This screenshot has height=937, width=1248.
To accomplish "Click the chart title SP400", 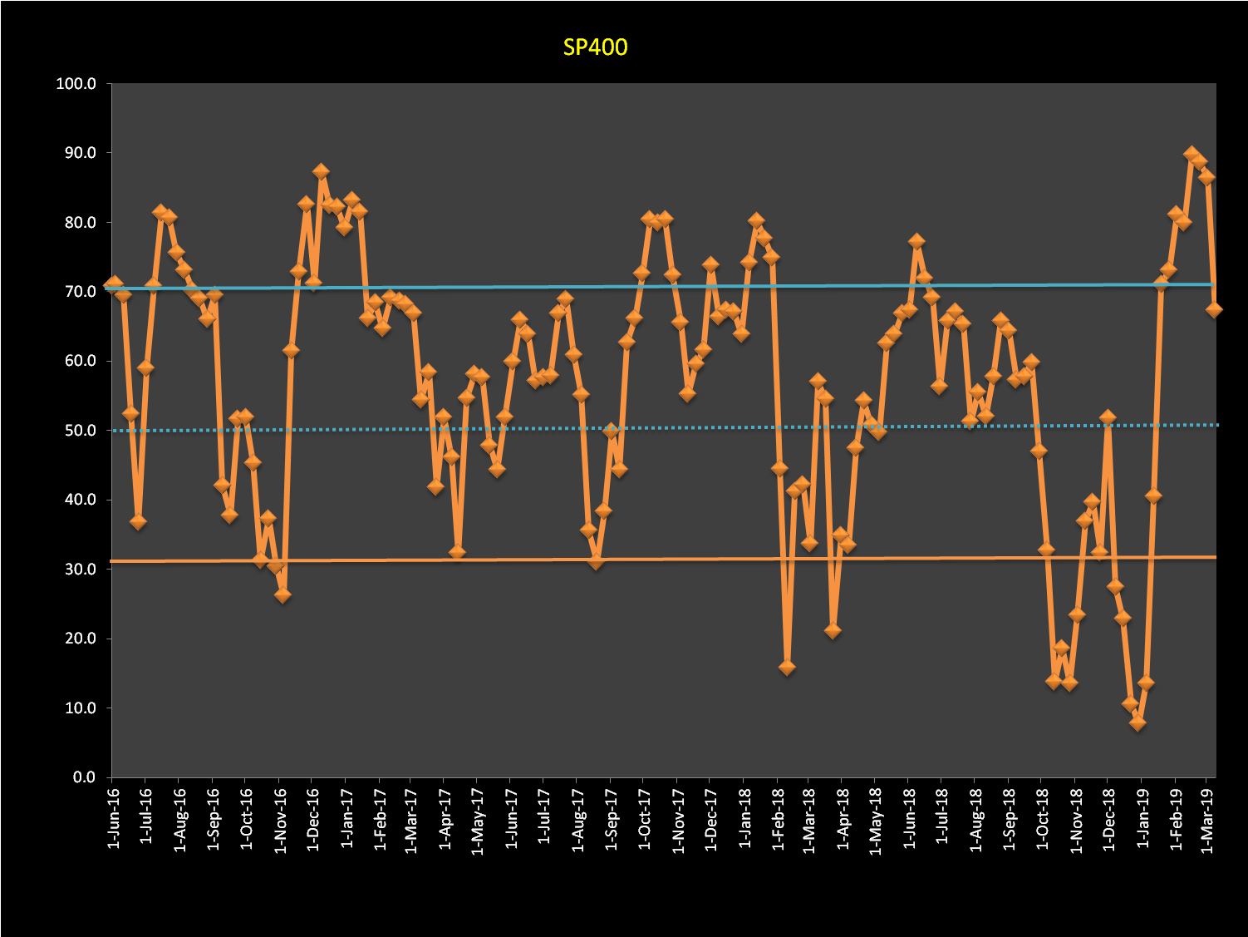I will pyautogui.click(x=595, y=47).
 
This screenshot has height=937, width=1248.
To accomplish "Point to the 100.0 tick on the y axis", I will pyautogui.click(x=76, y=84).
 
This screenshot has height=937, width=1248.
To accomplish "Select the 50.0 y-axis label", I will pyautogui.click(x=79, y=431).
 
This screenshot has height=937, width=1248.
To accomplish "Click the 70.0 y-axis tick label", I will pyautogui.click(x=79, y=292).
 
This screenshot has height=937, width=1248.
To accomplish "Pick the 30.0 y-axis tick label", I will pyautogui.click(x=79, y=570).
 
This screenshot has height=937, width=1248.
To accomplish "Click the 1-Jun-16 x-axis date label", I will pyautogui.click(x=113, y=819).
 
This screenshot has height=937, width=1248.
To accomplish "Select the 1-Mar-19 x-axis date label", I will pyautogui.click(x=1206, y=819).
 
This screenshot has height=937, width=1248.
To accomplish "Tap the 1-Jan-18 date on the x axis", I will pyautogui.click(x=744, y=819).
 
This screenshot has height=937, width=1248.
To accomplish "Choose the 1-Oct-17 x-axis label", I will pyautogui.click(x=644, y=819).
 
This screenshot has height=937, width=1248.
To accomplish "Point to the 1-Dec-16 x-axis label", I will pyautogui.click(x=312, y=819).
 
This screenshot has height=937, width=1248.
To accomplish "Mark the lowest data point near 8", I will pyautogui.click(x=1137, y=722).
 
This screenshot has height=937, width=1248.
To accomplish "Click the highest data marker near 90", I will pyautogui.click(x=1191, y=154).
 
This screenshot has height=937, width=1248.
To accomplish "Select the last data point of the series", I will pyautogui.click(x=1214, y=309).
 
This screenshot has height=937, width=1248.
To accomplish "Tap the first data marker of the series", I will pyautogui.click(x=115, y=285).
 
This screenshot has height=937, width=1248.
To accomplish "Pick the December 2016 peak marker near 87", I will pyautogui.click(x=321, y=172).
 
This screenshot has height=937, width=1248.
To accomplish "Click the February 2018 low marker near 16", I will pyautogui.click(x=787, y=667).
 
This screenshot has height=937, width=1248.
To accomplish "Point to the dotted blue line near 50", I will pyautogui.click(x=665, y=427).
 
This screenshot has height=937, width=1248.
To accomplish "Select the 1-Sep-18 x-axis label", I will pyautogui.click(x=1010, y=819).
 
